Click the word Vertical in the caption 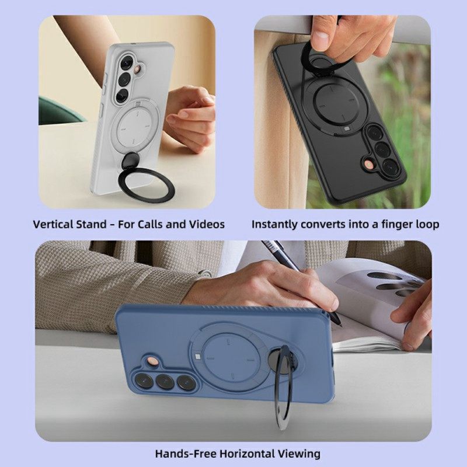(54, 224)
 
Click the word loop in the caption (427, 224)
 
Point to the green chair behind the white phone (58, 111)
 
